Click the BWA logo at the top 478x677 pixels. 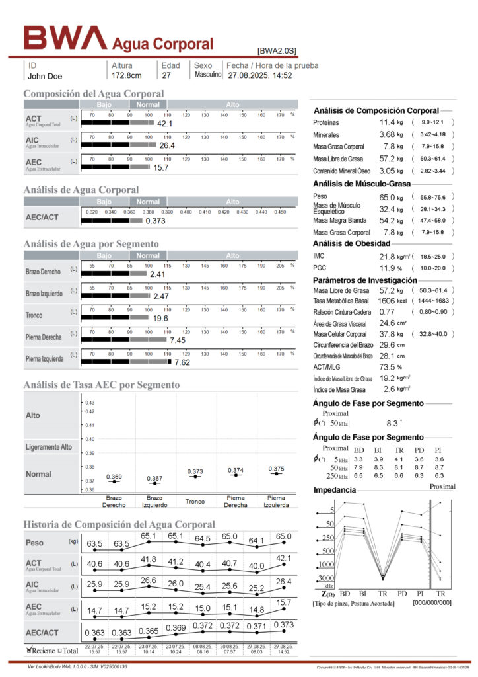coord(65,38)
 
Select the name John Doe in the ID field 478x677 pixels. coord(45,76)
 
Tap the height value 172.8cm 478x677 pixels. coord(127,76)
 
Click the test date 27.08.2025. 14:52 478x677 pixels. coord(259,76)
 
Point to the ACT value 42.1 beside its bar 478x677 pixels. coord(164,124)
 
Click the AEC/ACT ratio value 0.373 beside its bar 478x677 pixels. coord(155,221)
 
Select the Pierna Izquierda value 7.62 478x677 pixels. coord(182,362)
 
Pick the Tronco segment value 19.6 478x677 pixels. coord(160,318)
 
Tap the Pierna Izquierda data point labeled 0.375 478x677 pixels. coord(277,473)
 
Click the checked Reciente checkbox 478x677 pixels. coord(30,650)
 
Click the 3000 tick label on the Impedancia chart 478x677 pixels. coord(327,578)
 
